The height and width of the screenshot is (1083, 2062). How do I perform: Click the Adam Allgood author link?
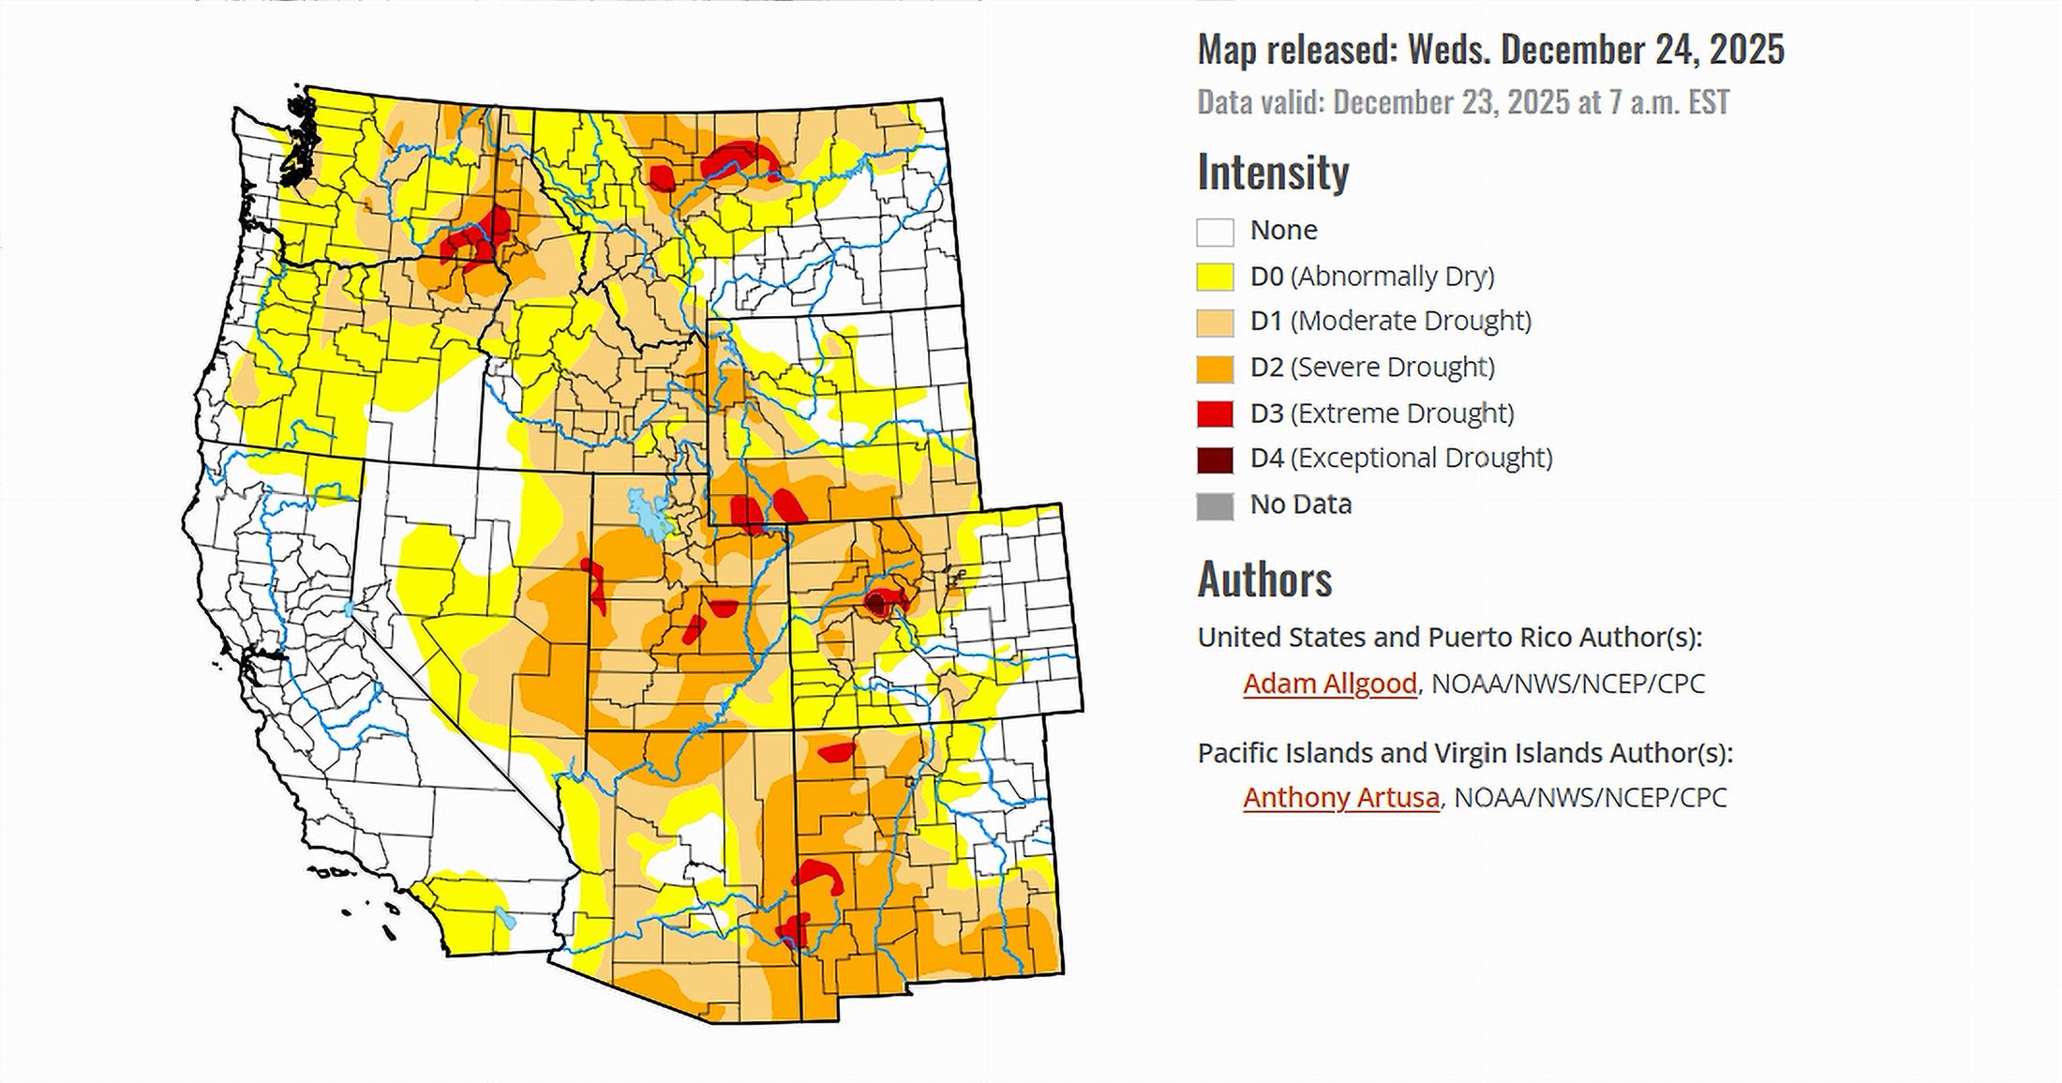(x=1329, y=684)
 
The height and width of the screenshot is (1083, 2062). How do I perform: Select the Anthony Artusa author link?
(x=1340, y=798)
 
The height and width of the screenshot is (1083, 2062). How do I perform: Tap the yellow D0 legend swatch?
(x=1215, y=277)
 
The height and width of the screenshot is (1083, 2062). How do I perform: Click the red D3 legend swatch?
(x=1215, y=414)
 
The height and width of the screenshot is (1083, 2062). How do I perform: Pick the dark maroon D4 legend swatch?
(x=1215, y=459)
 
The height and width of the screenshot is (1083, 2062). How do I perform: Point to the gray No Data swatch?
(x=1215, y=505)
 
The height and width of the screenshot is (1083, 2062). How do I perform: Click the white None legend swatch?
(x=1215, y=231)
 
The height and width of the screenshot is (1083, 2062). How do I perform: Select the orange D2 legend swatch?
(x=1215, y=369)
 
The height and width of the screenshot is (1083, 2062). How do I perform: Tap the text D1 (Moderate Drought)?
(x=1391, y=322)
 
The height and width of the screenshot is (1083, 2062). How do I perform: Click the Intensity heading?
(x=1273, y=172)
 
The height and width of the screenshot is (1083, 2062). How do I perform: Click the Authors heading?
(x=1264, y=579)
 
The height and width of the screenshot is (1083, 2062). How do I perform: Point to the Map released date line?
(x=1490, y=50)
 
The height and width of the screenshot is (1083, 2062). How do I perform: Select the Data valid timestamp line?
(x=1462, y=102)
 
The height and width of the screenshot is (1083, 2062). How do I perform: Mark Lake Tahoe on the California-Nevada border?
(x=349, y=609)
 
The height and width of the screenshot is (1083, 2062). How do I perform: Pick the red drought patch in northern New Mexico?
(x=836, y=751)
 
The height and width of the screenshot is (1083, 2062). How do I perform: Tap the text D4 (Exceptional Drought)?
(x=1400, y=459)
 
